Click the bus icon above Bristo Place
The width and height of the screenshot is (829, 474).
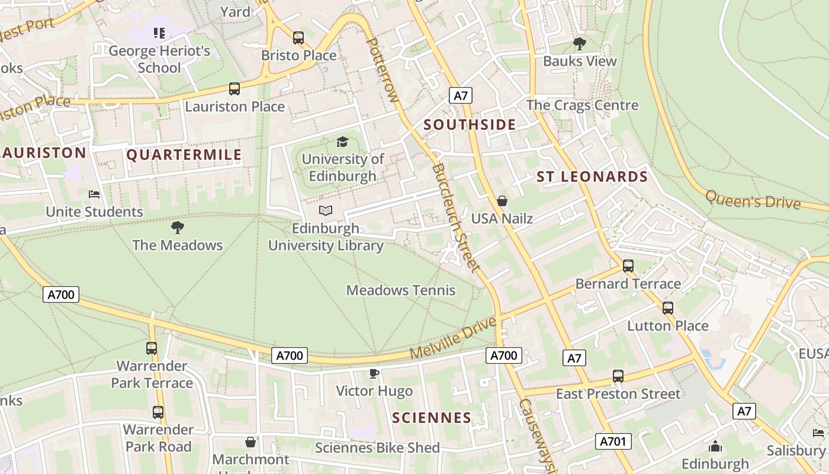point(298,38)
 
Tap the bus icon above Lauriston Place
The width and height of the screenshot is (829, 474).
point(234,89)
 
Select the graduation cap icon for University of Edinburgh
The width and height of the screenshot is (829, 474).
point(342,142)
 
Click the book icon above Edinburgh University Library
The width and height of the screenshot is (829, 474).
point(326,210)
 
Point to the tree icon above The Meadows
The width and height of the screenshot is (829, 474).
point(177,227)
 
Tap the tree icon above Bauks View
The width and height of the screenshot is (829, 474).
point(580,43)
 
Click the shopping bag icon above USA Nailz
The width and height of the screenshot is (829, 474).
point(502,201)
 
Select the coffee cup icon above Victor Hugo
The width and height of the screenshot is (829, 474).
point(374,373)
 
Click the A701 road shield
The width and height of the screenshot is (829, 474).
point(613,441)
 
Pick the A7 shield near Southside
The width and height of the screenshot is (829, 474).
point(460,95)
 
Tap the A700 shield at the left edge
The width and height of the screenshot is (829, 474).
point(61,294)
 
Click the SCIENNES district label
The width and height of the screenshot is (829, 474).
point(432,418)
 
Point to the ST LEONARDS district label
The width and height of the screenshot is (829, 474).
point(592,177)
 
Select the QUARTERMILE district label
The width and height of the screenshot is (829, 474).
point(184,155)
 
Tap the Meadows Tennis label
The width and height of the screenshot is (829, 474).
point(401,290)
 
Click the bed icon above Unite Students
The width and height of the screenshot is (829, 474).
point(94,194)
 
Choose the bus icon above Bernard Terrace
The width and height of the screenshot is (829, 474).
point(628,266)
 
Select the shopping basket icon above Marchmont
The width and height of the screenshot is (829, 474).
point(250,442)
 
